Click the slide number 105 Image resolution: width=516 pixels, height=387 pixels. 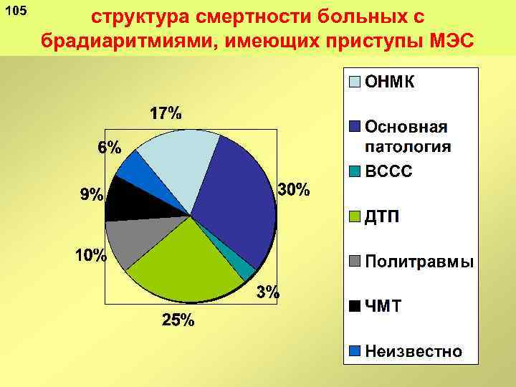point(15,13)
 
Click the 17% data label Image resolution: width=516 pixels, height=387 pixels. point(165,113)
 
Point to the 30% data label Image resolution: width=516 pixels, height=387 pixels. point(293,190)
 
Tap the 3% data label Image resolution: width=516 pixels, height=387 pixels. point(268,292)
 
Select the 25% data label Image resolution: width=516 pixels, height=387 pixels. point(177,320)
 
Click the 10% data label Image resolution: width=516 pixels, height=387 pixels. point(91,255)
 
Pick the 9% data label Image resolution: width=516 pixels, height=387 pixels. point(91,195)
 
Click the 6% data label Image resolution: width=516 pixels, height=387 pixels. point(110,148)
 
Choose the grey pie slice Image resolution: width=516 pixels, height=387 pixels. point(133,240)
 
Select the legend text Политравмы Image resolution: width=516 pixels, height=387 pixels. point(419,262)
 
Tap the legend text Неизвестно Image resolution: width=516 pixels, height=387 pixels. point(414,351)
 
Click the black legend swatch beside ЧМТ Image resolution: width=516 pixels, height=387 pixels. point(355,306)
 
